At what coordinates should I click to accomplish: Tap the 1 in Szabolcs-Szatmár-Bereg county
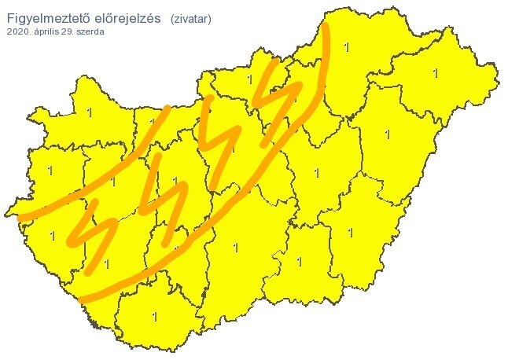pos(434,73)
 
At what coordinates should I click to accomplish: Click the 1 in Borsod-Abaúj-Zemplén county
pos(347,47)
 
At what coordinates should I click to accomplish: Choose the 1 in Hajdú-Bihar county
pos(387,134)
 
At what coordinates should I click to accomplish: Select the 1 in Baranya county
pos(154,317)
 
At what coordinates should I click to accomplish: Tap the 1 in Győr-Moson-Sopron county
pos(89,113)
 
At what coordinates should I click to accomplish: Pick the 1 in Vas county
pos(50,171)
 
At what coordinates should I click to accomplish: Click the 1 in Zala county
pos(52,234)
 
